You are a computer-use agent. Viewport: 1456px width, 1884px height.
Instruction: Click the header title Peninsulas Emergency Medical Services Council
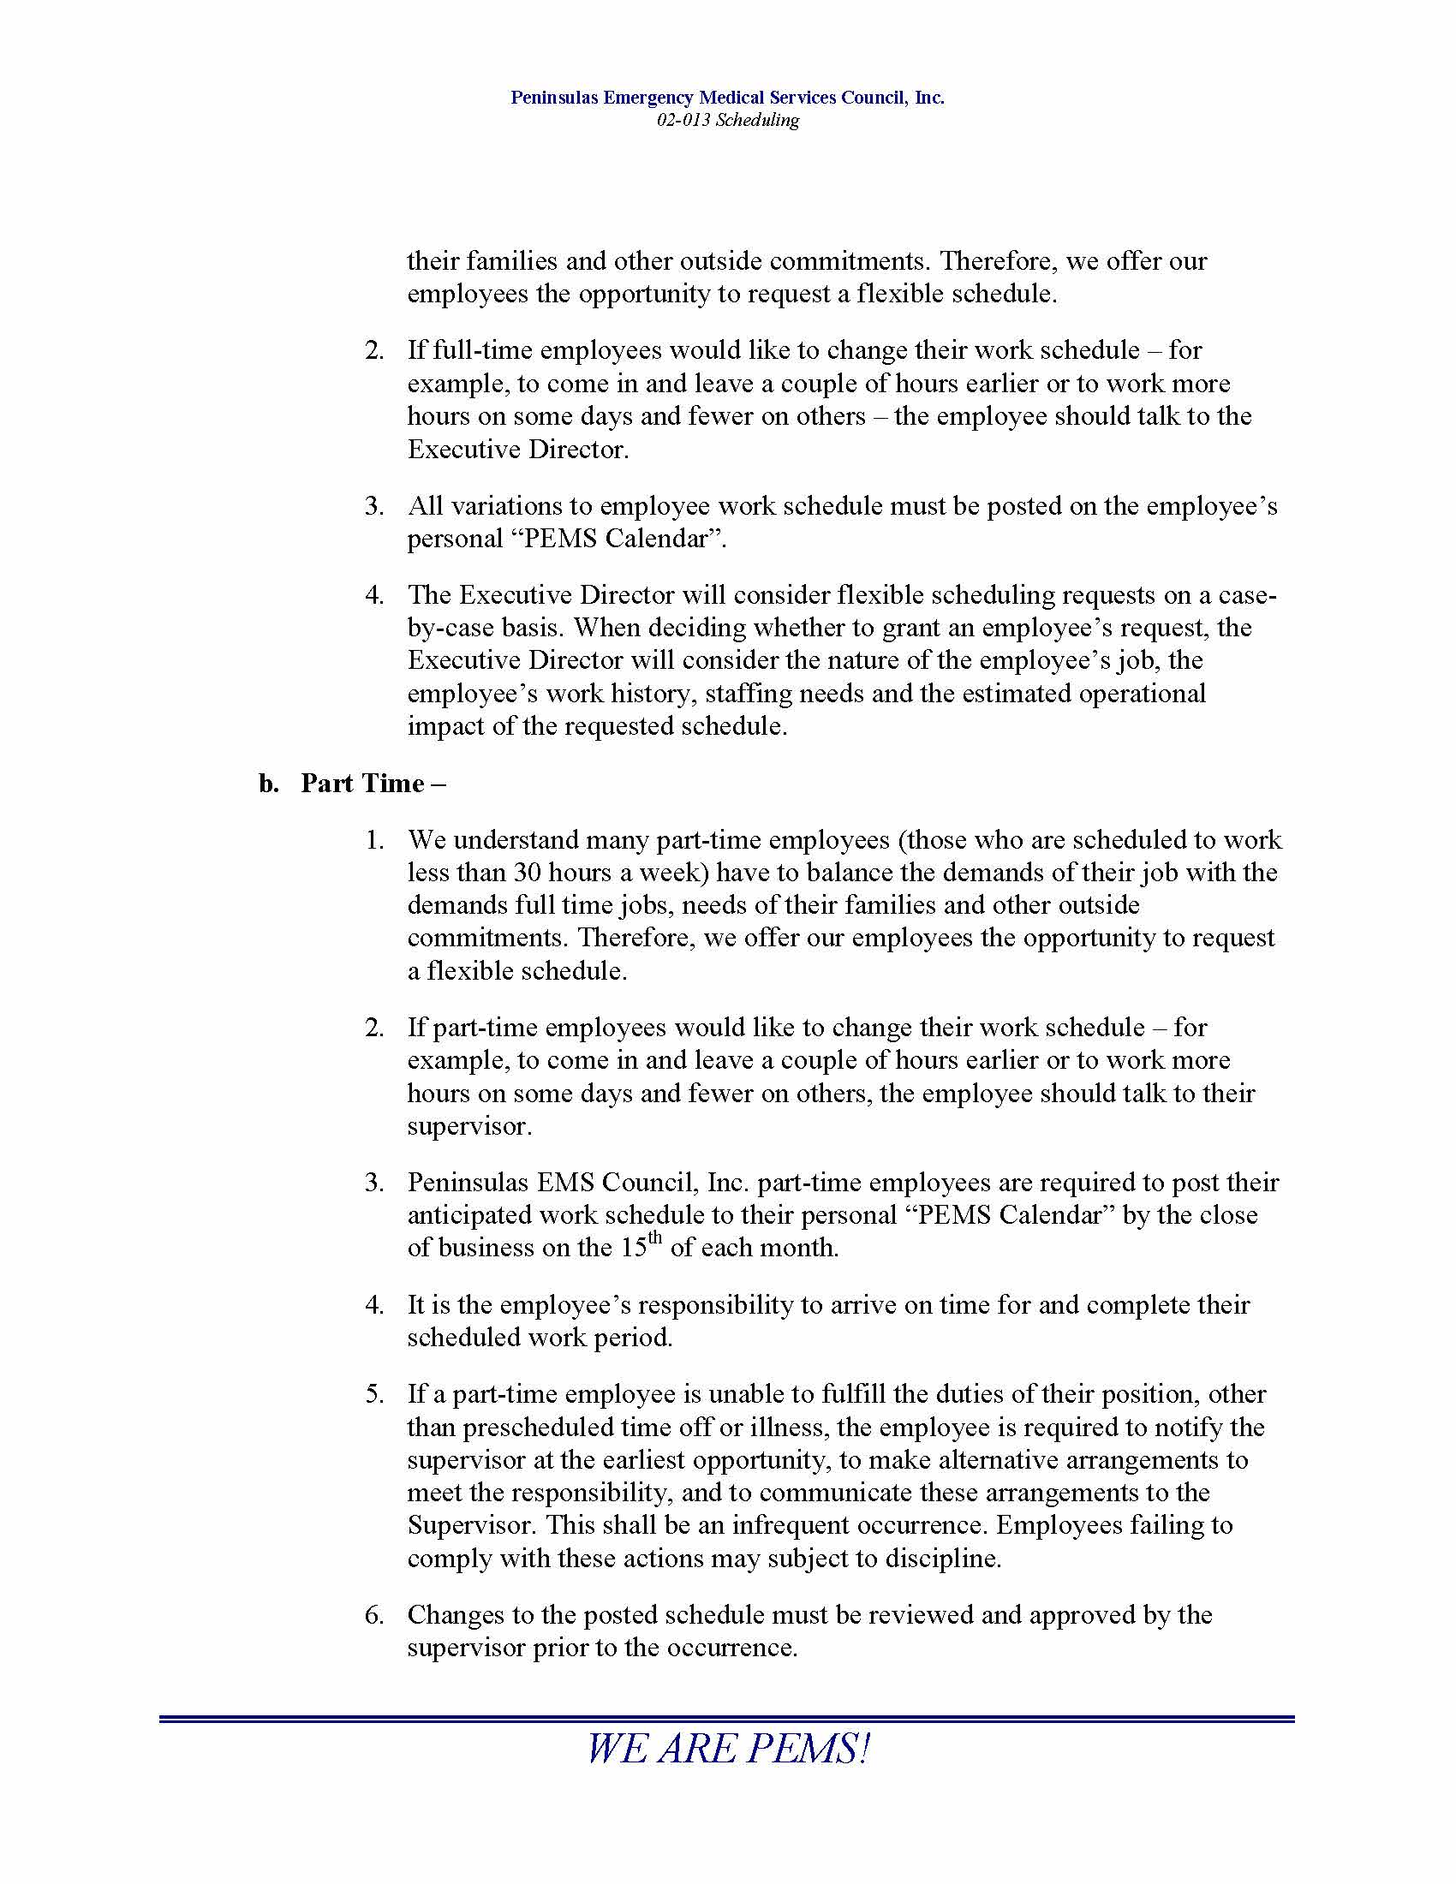(x=727, y=98)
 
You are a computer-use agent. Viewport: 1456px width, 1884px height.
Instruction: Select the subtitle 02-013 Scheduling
(x=727, y=120)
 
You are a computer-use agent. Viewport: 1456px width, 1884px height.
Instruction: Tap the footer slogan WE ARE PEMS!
(x=727, y=1750)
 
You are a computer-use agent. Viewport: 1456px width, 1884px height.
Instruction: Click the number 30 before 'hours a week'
(x=527, y=872)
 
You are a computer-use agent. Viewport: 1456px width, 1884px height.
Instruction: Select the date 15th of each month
(x=642, y=1247)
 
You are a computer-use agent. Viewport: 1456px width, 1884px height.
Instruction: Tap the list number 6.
(x=373, y=1615)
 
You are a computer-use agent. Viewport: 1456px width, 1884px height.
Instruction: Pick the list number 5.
(x=373, y=1394)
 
